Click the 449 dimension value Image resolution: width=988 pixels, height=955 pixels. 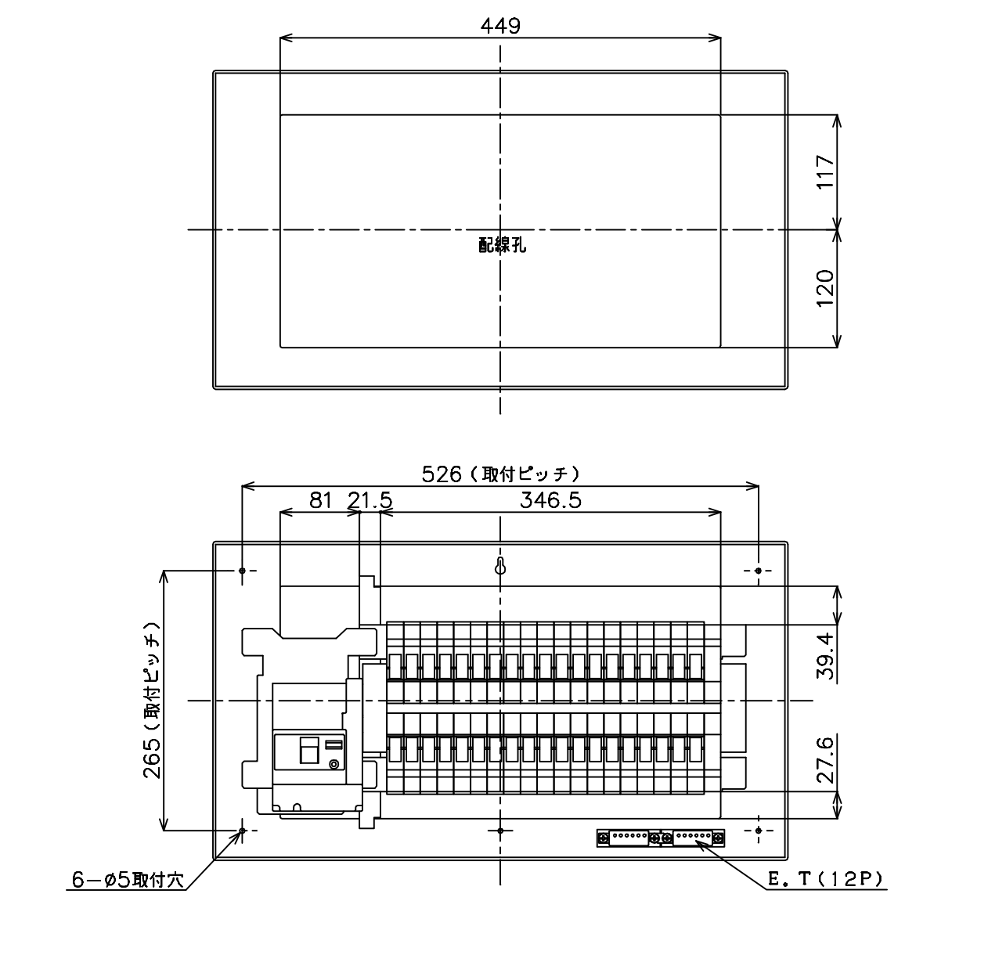pos(500,26)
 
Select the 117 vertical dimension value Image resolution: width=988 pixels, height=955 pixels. pos(825,171)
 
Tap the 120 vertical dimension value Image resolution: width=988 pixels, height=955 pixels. pos(825,288)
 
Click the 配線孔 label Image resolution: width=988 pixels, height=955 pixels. pos(502,245)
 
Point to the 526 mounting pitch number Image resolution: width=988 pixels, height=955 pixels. pos(442,474)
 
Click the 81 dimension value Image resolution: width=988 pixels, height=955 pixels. pos(321,501)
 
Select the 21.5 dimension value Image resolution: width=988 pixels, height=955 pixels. pos(370,501)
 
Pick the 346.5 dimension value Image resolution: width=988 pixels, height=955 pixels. pos(550,501)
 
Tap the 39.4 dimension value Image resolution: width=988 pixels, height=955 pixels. pos(825,655)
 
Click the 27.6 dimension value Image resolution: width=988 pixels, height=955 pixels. pos(825,759)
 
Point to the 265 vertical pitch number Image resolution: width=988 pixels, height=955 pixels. pos(151,759)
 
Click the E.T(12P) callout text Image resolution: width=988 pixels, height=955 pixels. pos(825,879)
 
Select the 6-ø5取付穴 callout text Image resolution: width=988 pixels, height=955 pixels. pos(128,880)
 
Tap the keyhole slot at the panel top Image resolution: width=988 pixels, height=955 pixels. pos(500,566)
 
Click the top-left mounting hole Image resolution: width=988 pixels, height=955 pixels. pos(242,571)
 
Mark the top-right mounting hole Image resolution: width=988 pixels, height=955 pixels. pos(758,571)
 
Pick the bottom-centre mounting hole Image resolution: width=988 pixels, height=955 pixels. pos(500,831)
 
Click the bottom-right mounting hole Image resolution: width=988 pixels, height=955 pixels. pos(758,830)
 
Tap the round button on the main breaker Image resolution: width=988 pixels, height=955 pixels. pos(334,764)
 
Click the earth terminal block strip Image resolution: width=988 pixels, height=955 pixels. pos(661,838)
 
